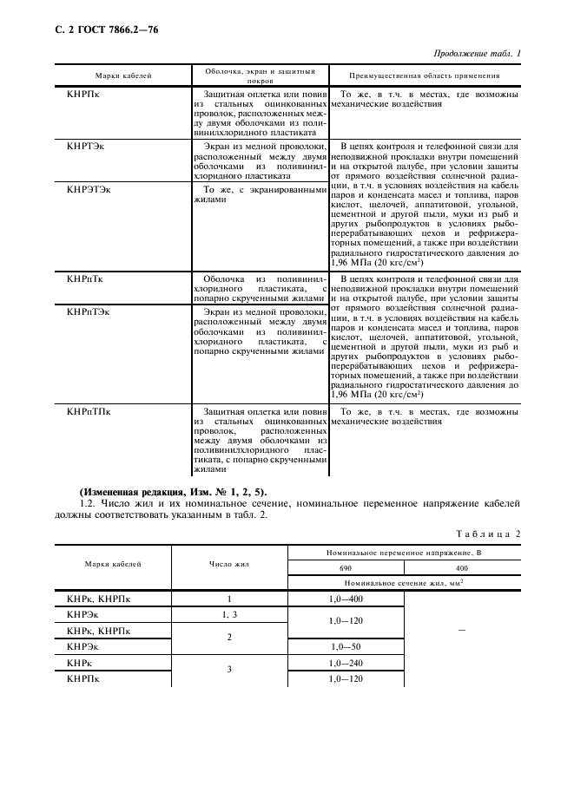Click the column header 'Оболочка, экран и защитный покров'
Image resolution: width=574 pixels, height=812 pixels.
coord(259,75)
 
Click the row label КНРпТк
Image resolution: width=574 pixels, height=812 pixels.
coord(87,279)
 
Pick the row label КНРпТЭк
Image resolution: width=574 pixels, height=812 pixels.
coord(89,311)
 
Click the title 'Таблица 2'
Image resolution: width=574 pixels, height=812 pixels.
coord(488,534)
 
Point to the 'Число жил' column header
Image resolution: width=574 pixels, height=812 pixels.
coord(229,564)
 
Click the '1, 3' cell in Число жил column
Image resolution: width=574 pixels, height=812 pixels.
coord(229,614)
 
